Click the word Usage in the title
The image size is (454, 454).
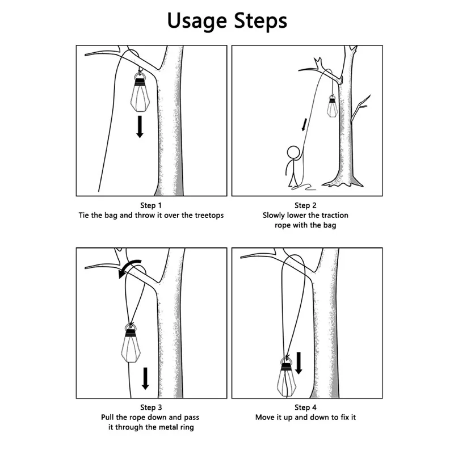tap(197, 21)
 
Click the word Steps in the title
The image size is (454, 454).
tap(260, 22)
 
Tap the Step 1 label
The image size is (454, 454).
tap(151, 205)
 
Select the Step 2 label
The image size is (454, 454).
tap(305, 205)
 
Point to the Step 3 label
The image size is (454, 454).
tap(151, 407)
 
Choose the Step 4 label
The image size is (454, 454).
tap(305, 407)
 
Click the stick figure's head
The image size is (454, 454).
tap(293, 152)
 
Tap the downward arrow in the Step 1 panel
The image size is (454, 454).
tap(140, 127)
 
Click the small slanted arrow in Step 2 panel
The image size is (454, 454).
tap(304, 124)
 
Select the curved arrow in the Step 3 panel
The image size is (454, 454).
tap(127, 265)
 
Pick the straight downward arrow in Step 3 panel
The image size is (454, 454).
tap(145, 379)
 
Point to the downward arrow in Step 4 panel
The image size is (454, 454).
tap(299, 363)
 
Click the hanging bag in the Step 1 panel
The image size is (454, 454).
tap(140, 93)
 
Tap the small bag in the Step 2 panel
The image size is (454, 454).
tap(332, 106)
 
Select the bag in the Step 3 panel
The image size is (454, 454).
tap(131, 344)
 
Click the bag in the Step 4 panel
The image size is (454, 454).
tap(286, 377)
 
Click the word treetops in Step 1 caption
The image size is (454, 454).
tap(209, 216)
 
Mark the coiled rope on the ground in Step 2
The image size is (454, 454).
tap(304, 187)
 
